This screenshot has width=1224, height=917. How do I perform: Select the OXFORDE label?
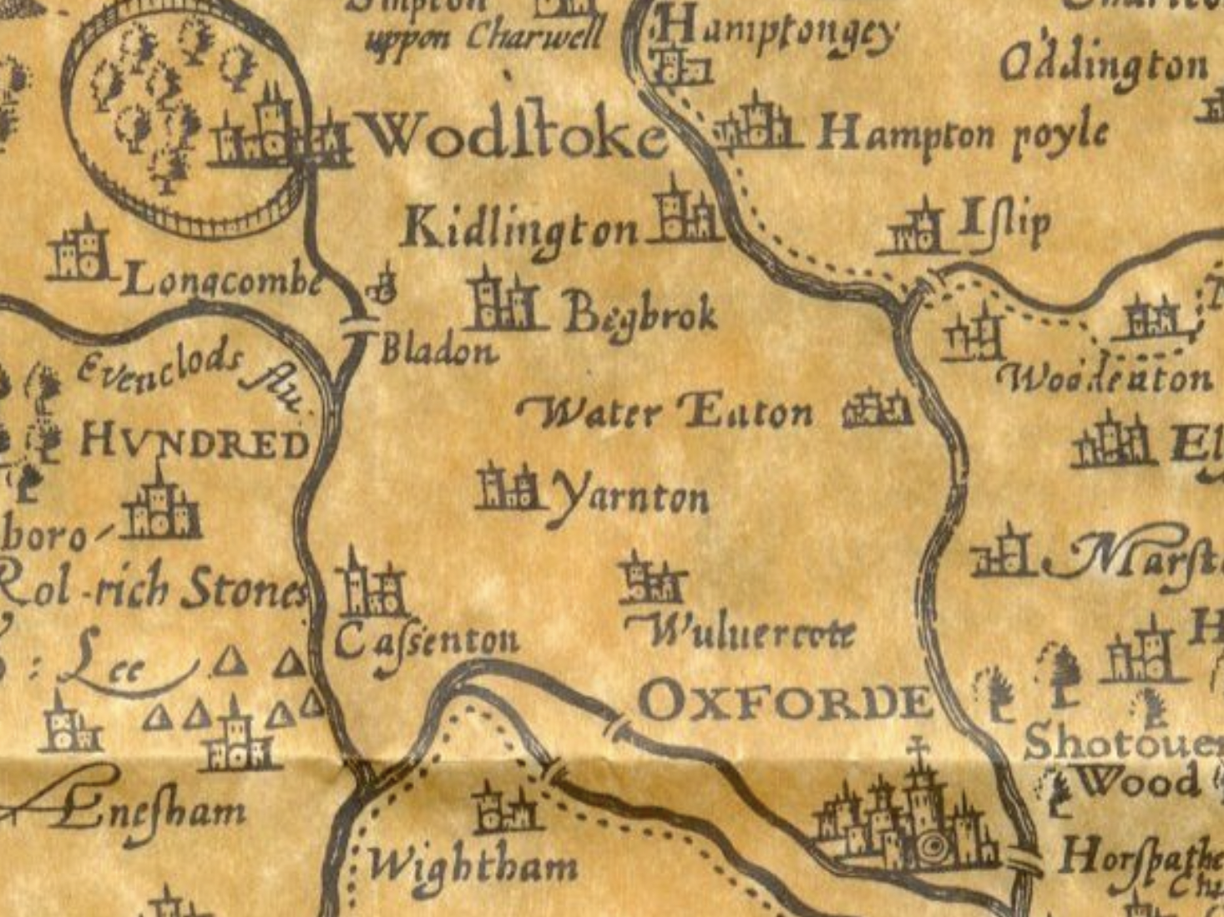pyautogui.click(x=785, y=702)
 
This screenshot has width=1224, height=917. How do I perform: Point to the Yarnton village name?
pyautogui.click(x=630, y=499)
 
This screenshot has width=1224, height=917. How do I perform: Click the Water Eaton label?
pyautogui.click(x=664, y=412)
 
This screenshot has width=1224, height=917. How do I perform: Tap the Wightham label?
pyautogui.click(x=473, y=867)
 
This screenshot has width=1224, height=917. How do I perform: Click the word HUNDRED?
pyautogui.click(x=195, y=443)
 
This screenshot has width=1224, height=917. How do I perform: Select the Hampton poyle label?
pyautogui.click(x=963, y=134)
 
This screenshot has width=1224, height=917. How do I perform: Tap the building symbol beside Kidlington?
pyautogui.click(x=684, y=214)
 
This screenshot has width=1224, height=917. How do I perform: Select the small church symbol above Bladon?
pyautogui.click(x=383, y=285)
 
